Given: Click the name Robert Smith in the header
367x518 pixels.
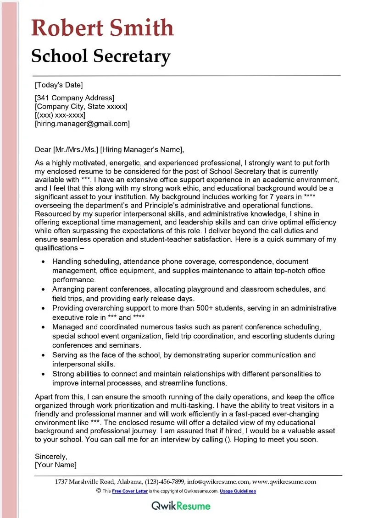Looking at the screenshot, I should coord(102,28).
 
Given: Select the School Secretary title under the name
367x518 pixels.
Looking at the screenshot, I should coord(101,56).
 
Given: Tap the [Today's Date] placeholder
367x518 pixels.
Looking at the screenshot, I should coord(59,85).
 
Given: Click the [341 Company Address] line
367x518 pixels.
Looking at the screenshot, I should coord(74,98).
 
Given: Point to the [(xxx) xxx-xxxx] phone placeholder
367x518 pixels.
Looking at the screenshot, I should coord(60,115).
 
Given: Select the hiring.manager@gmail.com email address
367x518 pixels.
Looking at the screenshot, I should coord(83,124).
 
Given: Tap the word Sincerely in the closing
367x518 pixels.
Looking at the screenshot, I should coord(51,456).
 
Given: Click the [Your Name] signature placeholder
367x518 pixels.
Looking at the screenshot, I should coord(56,465).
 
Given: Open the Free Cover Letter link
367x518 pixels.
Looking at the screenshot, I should coord(130,491).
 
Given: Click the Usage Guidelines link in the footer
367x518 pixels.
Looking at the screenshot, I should coord(238,491).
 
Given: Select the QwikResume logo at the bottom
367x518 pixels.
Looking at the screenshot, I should coord(181,506).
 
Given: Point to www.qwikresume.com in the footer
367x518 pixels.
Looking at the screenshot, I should coord(284,481).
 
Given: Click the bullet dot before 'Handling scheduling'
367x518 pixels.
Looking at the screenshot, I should coord(43,262).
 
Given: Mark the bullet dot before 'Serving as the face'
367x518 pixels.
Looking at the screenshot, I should coord(43,355).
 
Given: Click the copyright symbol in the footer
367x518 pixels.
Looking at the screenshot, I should coord(99,491).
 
